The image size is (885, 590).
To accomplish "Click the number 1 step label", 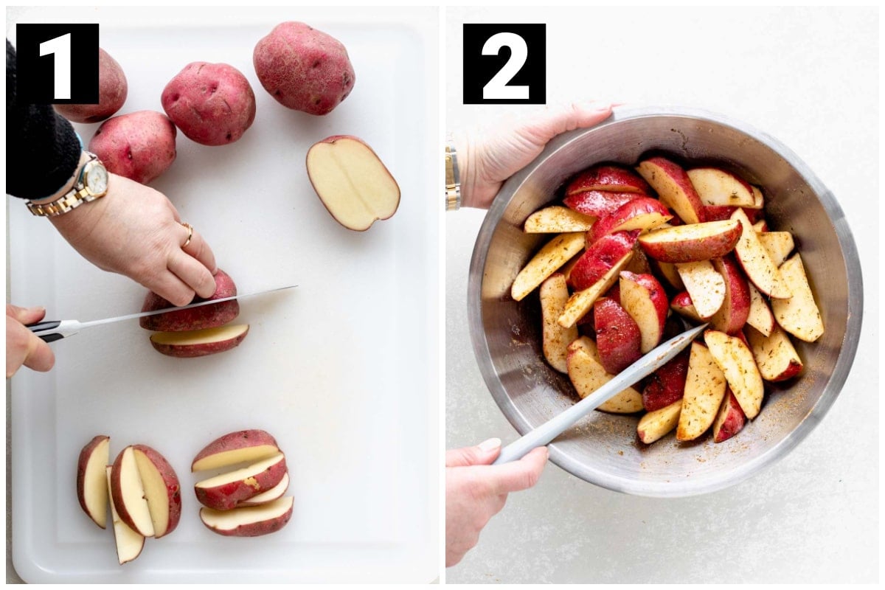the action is (x=58, y=63).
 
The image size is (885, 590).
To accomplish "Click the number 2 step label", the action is (x=504, y=63).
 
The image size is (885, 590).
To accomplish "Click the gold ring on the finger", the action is (x=187, y=234).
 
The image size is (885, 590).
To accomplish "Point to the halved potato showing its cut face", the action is (x=353, y=183).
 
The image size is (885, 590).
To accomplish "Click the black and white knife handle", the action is (x=52, y=330).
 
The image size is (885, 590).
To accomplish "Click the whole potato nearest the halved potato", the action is (x=304, y=68).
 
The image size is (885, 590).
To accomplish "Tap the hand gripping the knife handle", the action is (x=28, y=340).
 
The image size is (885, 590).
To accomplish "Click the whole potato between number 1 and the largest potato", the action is (x=209, y=103).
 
